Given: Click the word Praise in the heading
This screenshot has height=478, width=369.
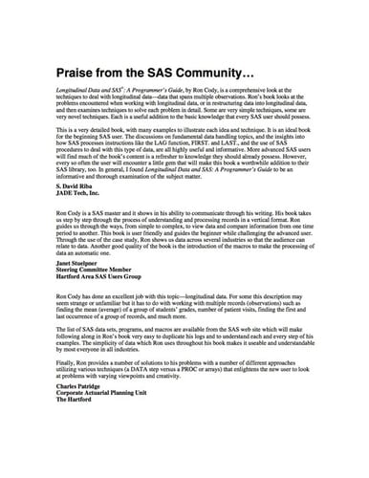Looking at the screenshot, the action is pos(77,73).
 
